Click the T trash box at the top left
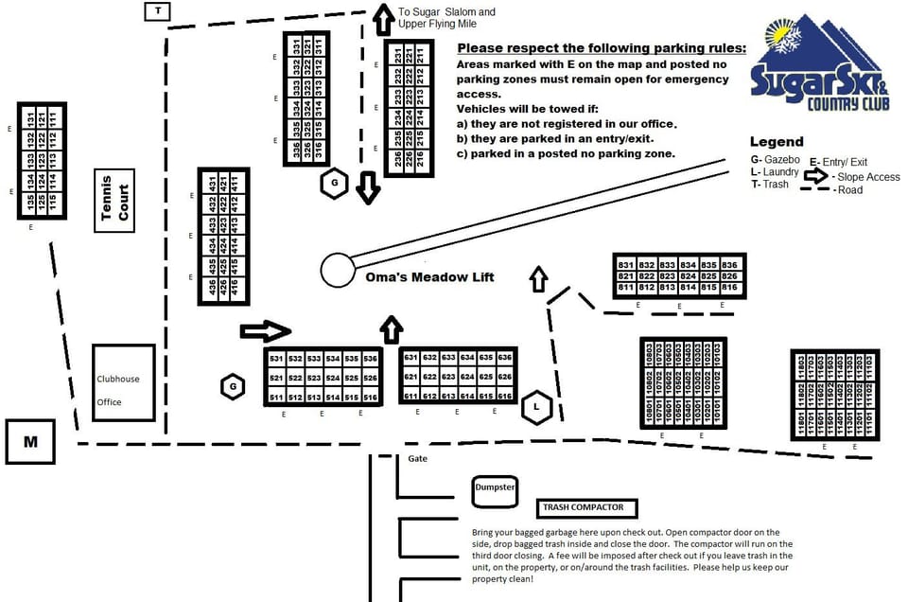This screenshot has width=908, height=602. click(x=157, y=10)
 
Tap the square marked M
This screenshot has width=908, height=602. click(x=29, y=442)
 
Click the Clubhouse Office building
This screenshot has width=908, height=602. click(x=123, y=382)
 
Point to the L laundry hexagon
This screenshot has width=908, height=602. click(x=536, y=407)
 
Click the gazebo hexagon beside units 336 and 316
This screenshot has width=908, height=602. click(x=334, y=183)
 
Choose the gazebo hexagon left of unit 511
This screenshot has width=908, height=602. click(x=233, y=386)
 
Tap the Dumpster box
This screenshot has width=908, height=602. click(x=495, y=488)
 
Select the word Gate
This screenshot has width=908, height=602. click(x=418, y=459)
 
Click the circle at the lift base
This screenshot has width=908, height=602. click(x=336, y=270)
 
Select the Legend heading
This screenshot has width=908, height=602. click(x=777, y=142)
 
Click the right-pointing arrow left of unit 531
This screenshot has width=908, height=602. click(x=265, y=330)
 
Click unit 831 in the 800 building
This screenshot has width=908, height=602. click(x=625, y=265)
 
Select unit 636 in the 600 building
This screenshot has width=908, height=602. click(x=506, y=358)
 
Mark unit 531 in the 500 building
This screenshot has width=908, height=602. click(x=276, y=360)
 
